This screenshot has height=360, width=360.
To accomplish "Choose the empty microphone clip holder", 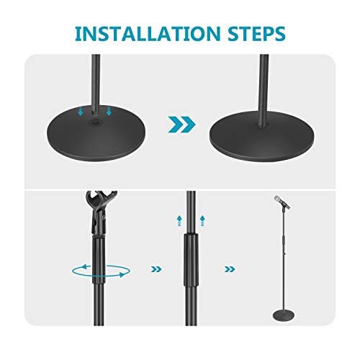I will (x=99, y=209).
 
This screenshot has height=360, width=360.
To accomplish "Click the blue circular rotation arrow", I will (x=101, y=269).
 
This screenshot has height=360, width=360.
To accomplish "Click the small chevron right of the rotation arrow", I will (x=153, y=269).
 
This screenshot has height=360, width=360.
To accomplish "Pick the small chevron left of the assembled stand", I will (x=230, y=269).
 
